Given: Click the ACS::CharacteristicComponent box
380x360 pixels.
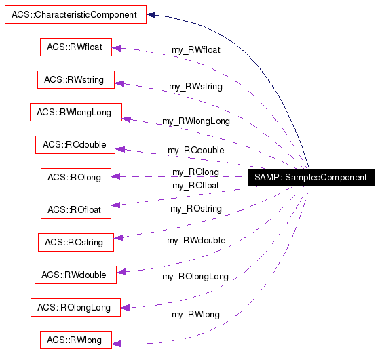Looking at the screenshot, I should pos(75,14).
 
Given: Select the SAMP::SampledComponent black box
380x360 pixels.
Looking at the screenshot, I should pos(310,178).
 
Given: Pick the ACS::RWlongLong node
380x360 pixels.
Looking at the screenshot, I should pos(75,112).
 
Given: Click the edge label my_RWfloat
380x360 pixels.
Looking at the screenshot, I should pos(195,49).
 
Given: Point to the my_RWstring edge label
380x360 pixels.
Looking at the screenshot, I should pos(195,87).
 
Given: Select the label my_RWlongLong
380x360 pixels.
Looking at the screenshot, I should pos(195,121).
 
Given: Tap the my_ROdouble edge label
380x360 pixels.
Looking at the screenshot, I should pos(195,151).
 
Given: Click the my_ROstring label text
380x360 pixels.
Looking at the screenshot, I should pos(195,209).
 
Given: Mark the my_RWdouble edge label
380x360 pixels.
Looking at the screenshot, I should pos(195,241).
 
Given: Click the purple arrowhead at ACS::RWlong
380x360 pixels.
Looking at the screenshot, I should pos(116,344).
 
